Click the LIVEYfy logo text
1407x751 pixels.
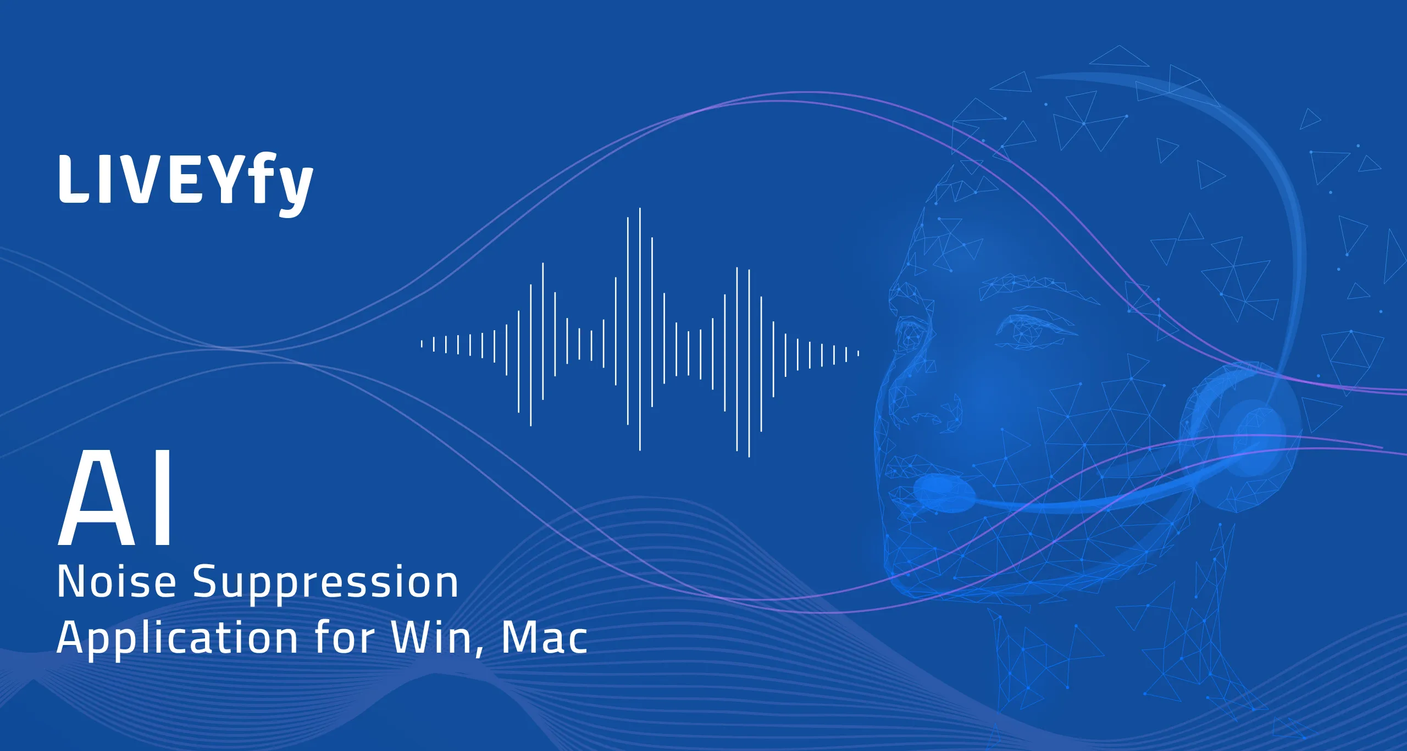[x=186, y=183]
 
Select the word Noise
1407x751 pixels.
[x=117, y=582]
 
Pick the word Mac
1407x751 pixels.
[x=544, y=638]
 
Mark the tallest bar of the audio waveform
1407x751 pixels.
[x=640, y=329]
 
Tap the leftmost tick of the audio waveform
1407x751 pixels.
[x=422, y=344]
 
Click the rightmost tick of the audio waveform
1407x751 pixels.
[x=858, y=354]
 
